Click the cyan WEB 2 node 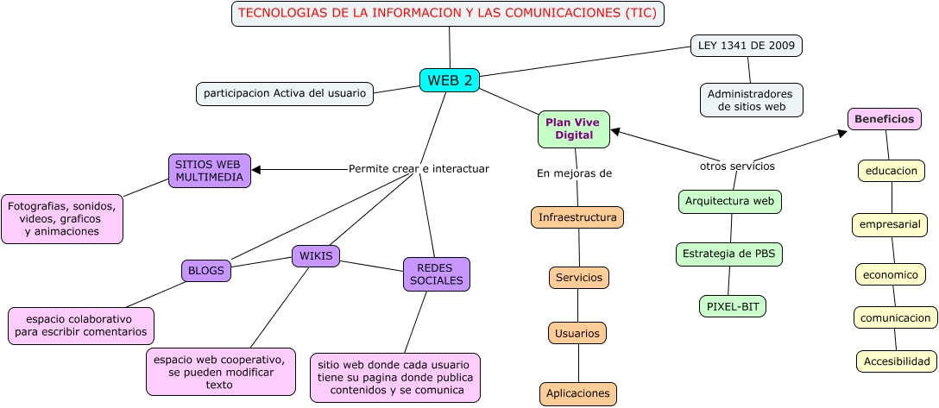449,80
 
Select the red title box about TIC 448,14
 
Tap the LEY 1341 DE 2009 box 747,46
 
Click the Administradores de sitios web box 751,100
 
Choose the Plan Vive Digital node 574,129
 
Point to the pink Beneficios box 885,119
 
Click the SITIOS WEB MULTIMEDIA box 209,171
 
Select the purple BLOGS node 206,271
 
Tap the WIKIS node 316,256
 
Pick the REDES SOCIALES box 436,274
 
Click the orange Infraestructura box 577,217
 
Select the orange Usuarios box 577,333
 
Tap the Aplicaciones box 577,394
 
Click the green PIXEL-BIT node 732,306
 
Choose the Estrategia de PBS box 728,254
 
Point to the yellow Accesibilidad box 897,361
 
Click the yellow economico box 890,274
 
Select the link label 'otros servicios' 737,166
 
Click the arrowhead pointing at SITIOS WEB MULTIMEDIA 256,170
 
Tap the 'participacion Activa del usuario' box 285,93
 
